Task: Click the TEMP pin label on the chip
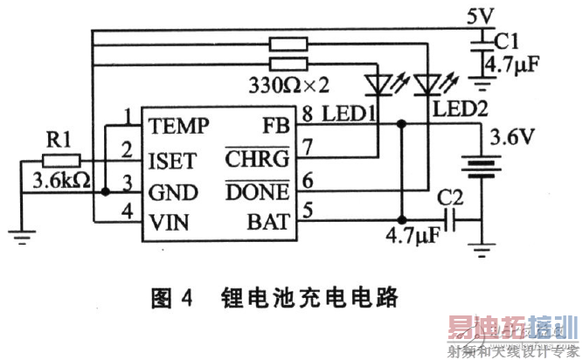coord(178,126)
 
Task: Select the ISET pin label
coord(172,159)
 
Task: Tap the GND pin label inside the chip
coord(172,190)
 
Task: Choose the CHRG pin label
coord(263,159)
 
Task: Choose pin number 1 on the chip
coord(128,115)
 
